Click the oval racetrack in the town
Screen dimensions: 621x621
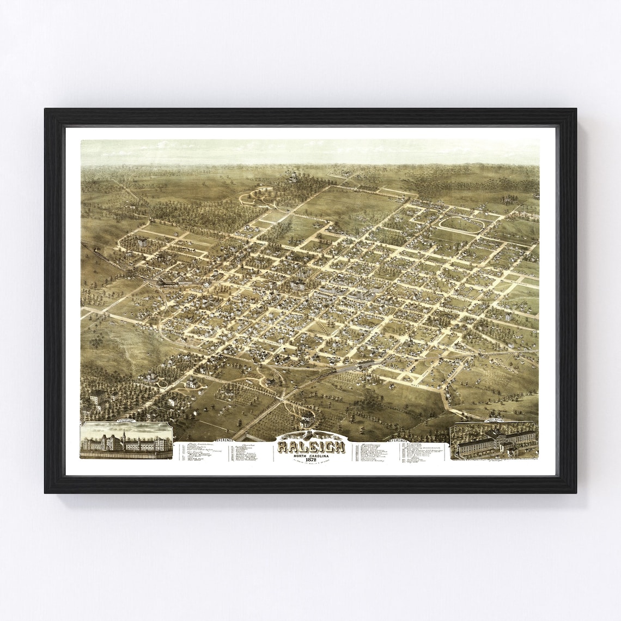coord(461,224)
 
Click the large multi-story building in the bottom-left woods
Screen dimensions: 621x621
coord(98,398)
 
